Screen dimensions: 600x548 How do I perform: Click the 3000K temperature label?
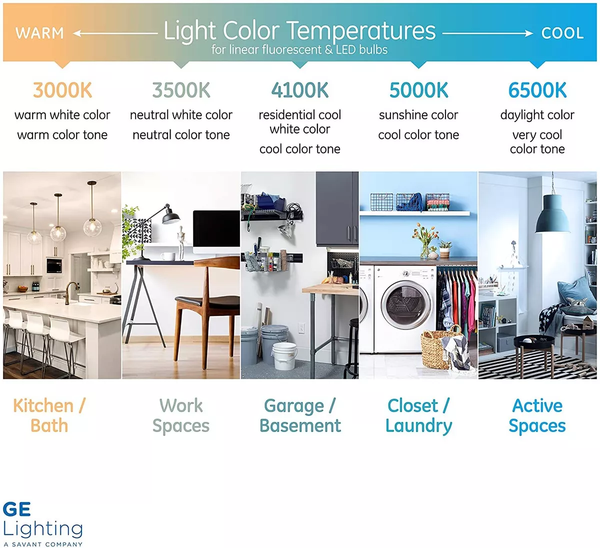(62, 90)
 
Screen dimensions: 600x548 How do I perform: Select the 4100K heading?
(299, 90)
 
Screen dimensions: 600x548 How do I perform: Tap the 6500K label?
(537, 90)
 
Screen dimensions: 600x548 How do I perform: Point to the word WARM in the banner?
(39, 33)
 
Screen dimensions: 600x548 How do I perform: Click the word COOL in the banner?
(562, 33)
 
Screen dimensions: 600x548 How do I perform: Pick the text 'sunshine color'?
(418, 115)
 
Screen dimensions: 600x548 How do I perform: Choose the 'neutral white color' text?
(181, 115)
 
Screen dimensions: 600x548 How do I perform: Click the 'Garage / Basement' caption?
(300, 415)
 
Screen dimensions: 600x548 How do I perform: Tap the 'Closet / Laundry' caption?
(418, 416)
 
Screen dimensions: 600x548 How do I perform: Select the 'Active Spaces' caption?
(537, 416)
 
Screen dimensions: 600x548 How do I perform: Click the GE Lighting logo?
(43, 524)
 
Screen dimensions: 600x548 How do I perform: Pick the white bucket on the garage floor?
(284, 356)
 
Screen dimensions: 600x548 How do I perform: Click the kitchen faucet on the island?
(71, 291)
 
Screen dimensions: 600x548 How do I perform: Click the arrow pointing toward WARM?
(115, 33)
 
